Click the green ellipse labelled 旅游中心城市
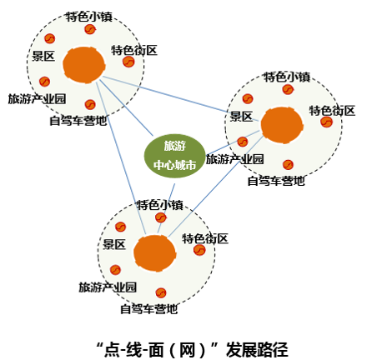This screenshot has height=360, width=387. point(174,156)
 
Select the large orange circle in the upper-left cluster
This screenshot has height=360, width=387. point(84,65)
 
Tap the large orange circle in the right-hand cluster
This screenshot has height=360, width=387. point(282,125)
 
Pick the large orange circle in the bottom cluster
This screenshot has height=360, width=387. point(155,253)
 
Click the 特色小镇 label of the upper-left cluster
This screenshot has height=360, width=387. point(89,17)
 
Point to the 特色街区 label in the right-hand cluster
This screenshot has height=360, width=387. point(332,111)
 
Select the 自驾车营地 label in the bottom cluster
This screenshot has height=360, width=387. point(148,309)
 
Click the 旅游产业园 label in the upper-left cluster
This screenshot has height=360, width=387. point(37,99)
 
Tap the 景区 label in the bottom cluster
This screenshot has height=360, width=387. point(114,244)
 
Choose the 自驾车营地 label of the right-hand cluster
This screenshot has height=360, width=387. point(276,181)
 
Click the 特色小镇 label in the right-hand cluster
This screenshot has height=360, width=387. point(287,77)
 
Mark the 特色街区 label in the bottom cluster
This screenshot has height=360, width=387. point(205,238)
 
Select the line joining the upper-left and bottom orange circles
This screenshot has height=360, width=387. point(121,157)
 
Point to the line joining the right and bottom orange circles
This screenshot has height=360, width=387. point(215,186)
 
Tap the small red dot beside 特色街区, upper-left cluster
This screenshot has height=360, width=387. point(128,62)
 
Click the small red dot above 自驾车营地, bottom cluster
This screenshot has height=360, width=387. point(161,292)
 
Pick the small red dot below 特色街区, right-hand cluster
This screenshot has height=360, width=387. point(326,122)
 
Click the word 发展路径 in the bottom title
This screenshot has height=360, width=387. point(257,349)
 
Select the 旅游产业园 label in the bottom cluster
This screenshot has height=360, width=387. point(108,287)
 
